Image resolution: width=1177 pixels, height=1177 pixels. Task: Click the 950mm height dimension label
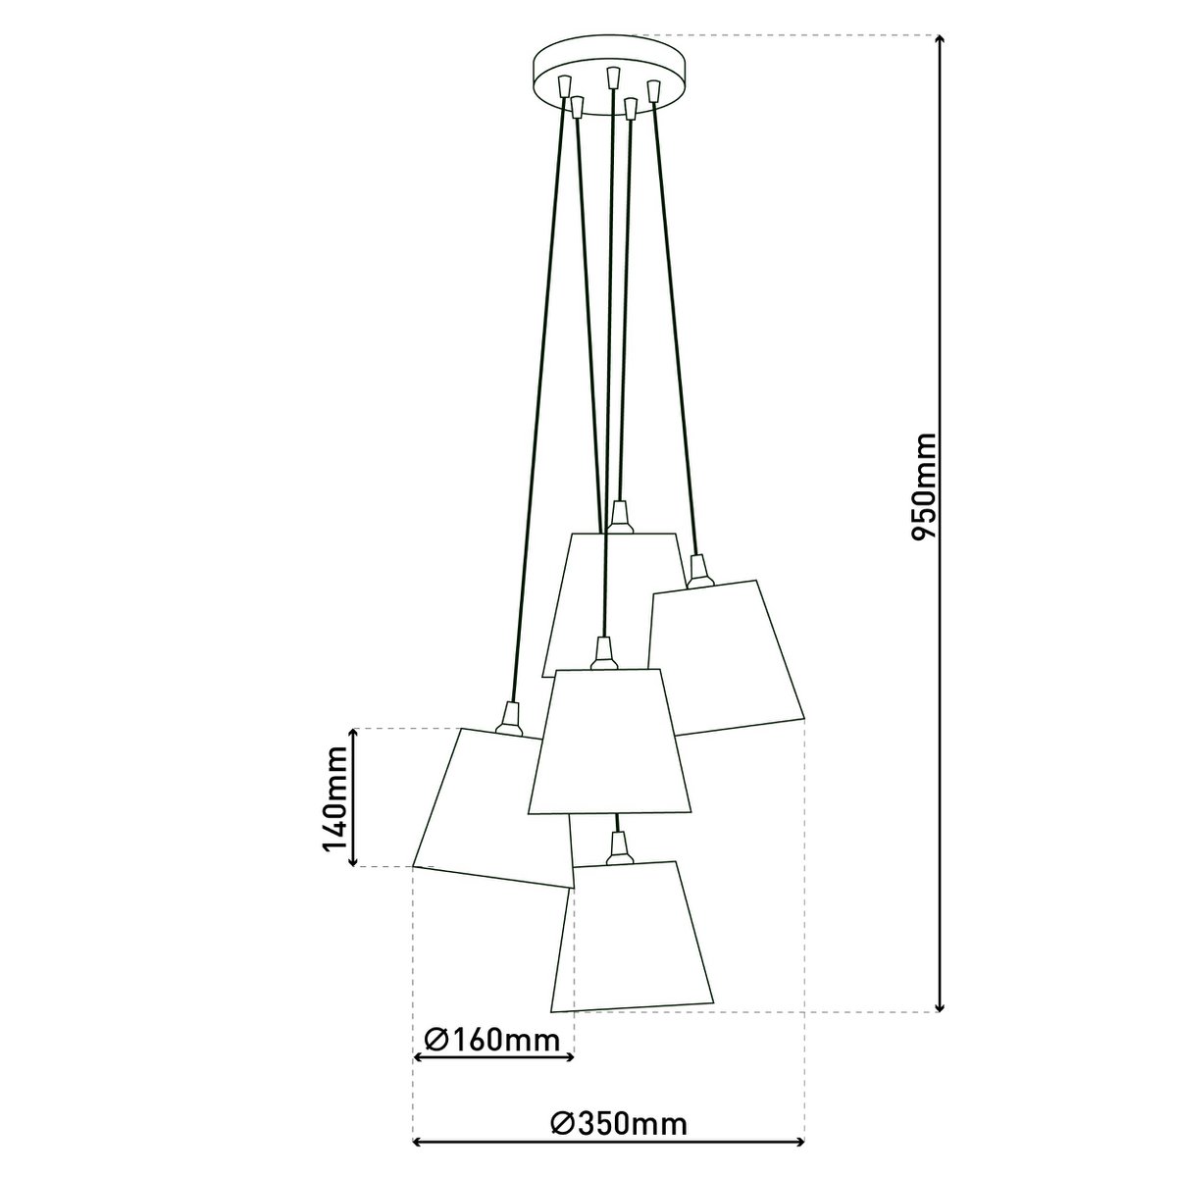(925, 485)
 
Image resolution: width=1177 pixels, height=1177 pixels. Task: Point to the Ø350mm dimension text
(618, 1124)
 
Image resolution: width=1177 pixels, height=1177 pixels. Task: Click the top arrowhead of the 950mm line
(941, 41)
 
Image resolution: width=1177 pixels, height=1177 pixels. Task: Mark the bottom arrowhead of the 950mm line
(941, 1004)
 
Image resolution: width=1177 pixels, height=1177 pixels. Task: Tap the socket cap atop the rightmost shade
(697, 570)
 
